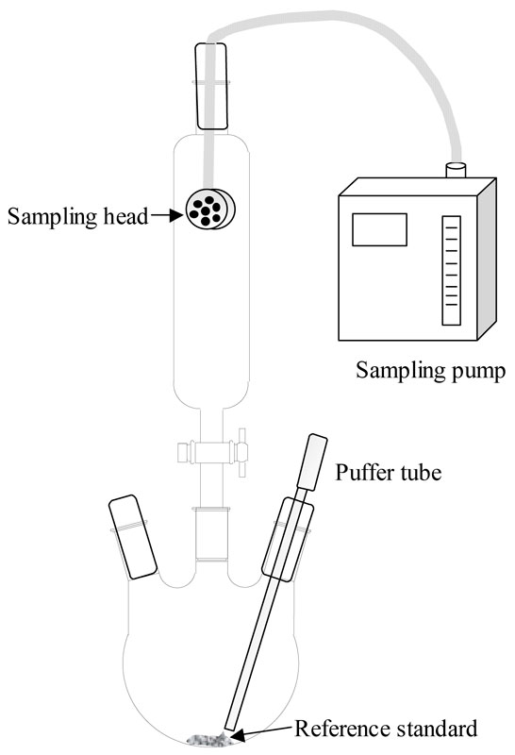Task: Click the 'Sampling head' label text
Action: click(77, 217)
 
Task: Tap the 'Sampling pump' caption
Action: click(431, 371)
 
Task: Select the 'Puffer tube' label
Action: click(389, 473)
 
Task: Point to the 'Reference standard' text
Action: click(386, 729)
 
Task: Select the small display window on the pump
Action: click(380, 229)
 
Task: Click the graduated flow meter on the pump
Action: click(452, 270)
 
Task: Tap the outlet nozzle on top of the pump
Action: click(456, 170)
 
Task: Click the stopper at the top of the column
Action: click(211, 86)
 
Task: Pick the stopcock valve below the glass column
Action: click(213, 453)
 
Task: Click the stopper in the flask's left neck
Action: click(133, 536)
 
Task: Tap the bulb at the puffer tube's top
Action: click(312, 461)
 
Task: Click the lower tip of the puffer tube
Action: click(230, 728)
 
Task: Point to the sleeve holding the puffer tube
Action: click(288, 539)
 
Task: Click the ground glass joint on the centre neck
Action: click(210, 533)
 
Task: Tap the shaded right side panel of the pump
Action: click(487, 259)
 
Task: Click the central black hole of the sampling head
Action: click(206, 210)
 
